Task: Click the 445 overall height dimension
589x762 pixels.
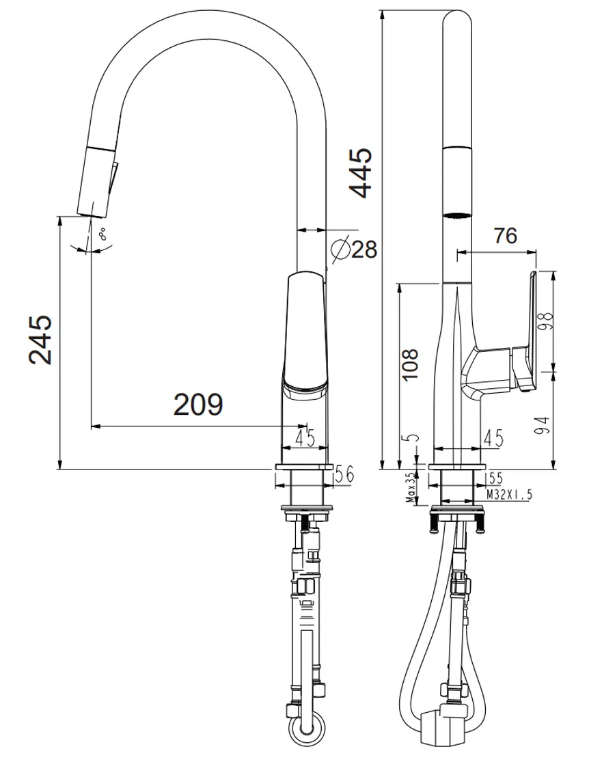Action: pos(361,174)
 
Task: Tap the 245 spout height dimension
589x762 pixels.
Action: pos(40,339)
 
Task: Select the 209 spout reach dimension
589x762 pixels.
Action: pos(198,404)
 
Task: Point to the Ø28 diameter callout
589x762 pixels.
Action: pos(354,249)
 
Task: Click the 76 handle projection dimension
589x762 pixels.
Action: pos(506,236)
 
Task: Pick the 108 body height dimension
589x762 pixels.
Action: pos(411,365)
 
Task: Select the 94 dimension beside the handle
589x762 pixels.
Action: pos(544,425)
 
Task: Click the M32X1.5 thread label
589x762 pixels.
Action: pos(509,495)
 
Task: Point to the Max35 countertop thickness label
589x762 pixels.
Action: pos(412,487)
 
